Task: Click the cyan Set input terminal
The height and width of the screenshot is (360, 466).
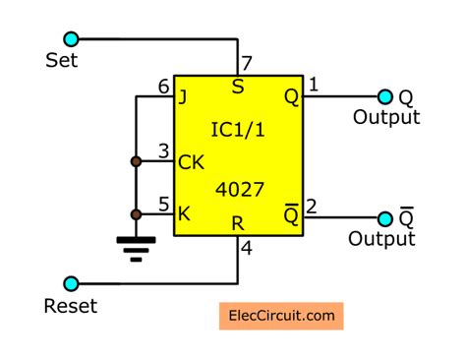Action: coord(71,39)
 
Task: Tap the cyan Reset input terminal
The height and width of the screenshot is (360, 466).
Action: coord(71,282)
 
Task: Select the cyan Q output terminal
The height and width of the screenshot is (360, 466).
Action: coord(384,96)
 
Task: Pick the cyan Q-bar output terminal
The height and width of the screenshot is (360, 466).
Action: coord(384,217)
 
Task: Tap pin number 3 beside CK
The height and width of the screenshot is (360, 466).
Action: coord(163,150)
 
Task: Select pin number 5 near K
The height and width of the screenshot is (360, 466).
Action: coord(163,206)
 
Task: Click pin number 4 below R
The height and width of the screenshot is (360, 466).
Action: coord(247,250)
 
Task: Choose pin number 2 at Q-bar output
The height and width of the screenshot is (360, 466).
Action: coord(312,206)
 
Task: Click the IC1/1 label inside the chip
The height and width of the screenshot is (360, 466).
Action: coord(238,129)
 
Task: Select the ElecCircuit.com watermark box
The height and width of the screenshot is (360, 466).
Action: coord(280,317)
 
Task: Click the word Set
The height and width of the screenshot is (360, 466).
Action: coord(61,61)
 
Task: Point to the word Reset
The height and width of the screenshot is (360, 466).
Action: coord(71,306)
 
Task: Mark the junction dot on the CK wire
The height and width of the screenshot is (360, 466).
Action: coord(135,160)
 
